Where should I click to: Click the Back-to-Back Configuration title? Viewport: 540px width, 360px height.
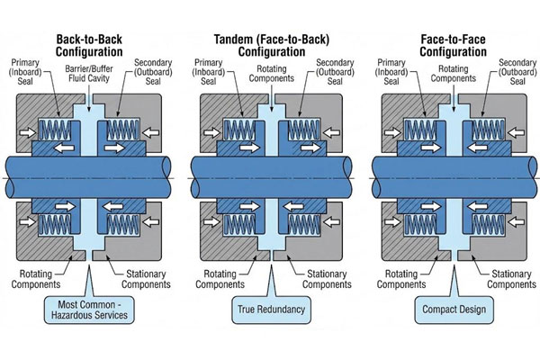coord(89,45)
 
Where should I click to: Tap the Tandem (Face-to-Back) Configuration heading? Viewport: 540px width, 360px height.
coord(272,45)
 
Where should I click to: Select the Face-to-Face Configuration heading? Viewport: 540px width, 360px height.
coord(453,45)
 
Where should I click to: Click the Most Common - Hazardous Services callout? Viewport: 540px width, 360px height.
coord(89,310)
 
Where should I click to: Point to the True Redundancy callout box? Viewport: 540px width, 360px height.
coord(272,310)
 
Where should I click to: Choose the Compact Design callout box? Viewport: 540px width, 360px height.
coord(454,310)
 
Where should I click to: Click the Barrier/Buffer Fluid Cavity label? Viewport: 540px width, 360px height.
coord(89,74)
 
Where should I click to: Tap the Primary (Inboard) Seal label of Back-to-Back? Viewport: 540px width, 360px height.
coord(25,72)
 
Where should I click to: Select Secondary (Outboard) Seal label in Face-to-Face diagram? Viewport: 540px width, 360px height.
coord(517,72)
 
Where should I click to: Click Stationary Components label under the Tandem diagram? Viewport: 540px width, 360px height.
coord(327,279)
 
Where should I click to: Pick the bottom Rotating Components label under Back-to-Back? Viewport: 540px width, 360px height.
coord(36,279)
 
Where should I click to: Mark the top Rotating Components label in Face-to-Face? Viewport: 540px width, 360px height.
coord(454,74)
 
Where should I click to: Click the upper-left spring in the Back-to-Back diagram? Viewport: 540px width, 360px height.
coord(55,130)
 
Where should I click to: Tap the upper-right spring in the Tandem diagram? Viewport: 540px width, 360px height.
coord(304,130)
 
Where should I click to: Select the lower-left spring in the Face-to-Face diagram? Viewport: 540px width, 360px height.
coord(420,225)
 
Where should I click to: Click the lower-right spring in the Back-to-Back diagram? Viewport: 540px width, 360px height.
coord(123,225)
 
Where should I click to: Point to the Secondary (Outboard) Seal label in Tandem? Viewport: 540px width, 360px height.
coord(335,72)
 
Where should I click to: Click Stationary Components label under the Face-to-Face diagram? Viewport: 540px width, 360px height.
coord(511,279)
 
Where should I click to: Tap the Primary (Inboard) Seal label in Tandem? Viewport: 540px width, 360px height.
coord(209,72)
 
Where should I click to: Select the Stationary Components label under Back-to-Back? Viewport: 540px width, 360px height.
coord(146,279)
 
